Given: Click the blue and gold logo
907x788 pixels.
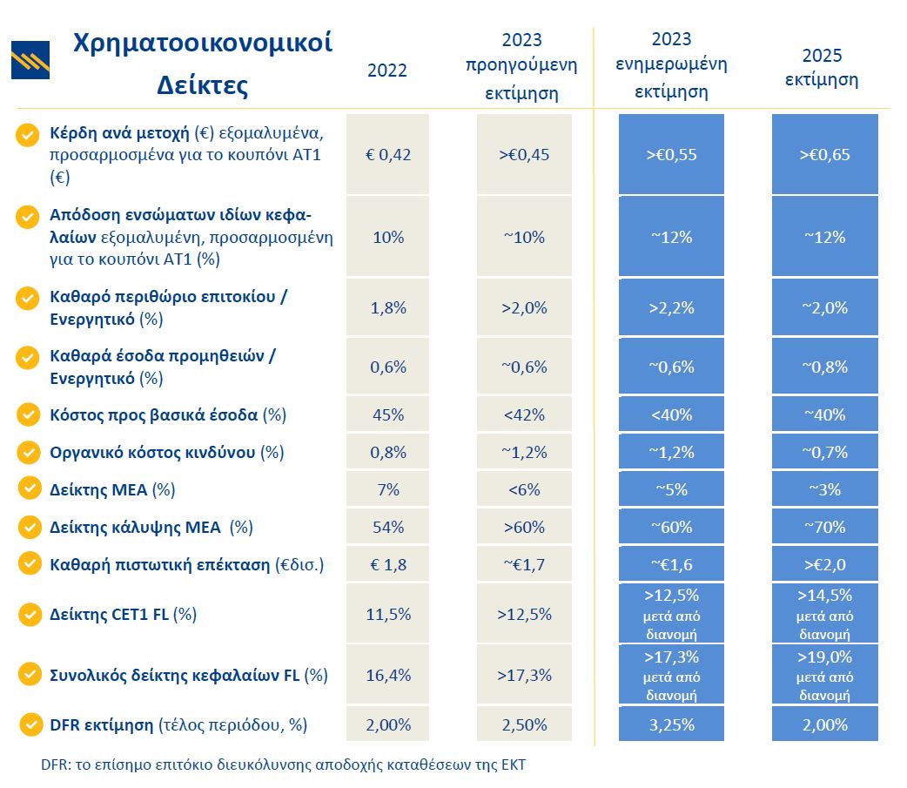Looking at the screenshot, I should pos(30,60).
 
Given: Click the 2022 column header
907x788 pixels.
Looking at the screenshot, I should pos(387,71).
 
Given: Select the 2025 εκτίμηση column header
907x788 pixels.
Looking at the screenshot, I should pos(822,68).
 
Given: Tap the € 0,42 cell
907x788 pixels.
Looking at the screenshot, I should pos(388,155).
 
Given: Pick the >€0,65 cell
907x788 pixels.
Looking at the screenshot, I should pos(824,155).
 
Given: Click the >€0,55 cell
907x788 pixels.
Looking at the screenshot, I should pos(671,155).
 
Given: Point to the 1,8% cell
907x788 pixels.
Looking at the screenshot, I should pos(388,307).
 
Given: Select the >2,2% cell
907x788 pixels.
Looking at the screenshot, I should pos(671,307).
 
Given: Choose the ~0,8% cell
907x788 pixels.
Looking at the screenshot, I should pos(824,367).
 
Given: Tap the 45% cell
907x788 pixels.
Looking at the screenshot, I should pos(388,414).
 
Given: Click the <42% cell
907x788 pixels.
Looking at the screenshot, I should pos(524,414).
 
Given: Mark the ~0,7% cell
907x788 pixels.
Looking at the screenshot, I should pos(824,452).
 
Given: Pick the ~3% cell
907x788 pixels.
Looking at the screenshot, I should pos(824,489).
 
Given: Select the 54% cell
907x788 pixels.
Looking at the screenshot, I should pos(388,527).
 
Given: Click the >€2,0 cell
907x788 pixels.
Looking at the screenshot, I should pos(824,564).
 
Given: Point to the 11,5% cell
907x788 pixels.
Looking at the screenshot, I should pos(388,614).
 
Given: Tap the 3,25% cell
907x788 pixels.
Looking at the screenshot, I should pos(671,724).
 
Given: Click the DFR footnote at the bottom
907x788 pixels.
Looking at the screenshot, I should pos(283,765).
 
